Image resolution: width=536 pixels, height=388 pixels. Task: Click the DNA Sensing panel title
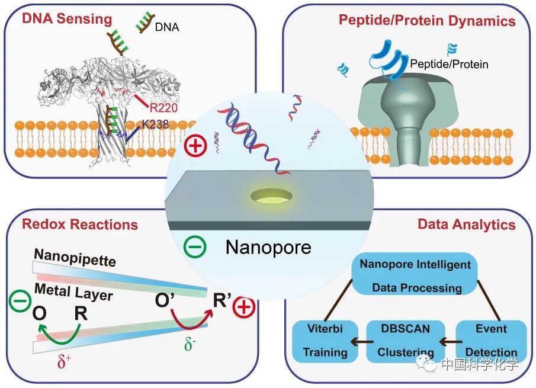click(x=67, y=18)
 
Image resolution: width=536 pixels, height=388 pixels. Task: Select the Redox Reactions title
click(x=79, y=225)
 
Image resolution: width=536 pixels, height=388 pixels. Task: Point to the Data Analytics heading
click(x=466, y=225)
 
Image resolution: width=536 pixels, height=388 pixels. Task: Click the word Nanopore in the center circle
click(x=268, y=246)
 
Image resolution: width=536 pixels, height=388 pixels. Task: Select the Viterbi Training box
click(x=325, y=341)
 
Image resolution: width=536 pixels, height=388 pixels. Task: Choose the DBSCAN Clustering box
click(x=406, y=341)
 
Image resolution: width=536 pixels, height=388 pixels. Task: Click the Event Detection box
click(x=491, y=341)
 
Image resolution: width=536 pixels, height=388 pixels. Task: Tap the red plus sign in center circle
click(x=195, y=145)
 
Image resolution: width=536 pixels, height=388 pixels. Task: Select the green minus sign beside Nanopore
click(x=195, y=245)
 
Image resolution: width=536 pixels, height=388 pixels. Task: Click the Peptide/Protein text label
click(x=449, y=64)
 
